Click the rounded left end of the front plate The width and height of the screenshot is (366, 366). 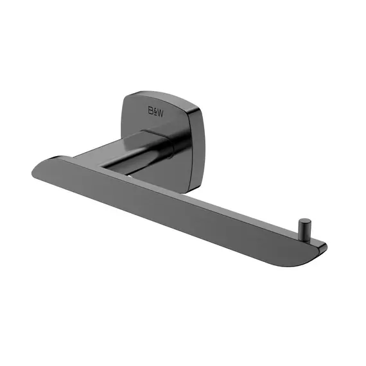click(x=37, y=170)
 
